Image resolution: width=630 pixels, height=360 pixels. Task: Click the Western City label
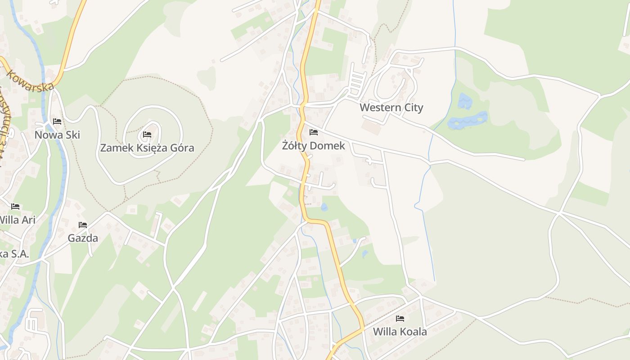click(x=391, y=108)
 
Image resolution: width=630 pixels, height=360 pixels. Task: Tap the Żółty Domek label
click(x=313, y=146)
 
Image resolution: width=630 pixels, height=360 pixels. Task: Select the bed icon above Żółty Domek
click(x=314, y=132)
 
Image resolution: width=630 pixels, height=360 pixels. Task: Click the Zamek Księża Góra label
click(x=147, y=148)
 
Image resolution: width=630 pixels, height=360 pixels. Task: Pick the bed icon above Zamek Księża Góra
click(x=147, y=134)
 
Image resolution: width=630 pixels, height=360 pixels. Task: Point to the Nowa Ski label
click(x=57, y=135)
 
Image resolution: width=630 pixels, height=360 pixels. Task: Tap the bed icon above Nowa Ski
click(x=57, y=121)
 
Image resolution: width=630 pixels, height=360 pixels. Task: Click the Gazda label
click(x=83, y=238)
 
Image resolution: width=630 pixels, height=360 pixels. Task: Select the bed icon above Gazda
click(x=83, y=225)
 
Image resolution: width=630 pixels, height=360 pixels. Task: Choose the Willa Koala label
click(x=400, y=332)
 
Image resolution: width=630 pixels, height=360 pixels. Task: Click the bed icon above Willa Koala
click(x=400, y=319)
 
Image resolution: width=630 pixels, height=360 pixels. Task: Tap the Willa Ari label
click(x=17, y=220)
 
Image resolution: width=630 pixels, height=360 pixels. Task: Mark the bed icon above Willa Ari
click(x=16, y=207)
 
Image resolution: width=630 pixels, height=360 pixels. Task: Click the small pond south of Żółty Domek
click(x=324, y=207)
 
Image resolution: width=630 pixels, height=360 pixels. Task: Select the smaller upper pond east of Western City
click(x=464, y=101)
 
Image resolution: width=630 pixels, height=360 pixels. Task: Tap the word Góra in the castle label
click(x=180, y=148)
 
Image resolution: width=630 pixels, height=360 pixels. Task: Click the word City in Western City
click(x=413, y=108)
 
